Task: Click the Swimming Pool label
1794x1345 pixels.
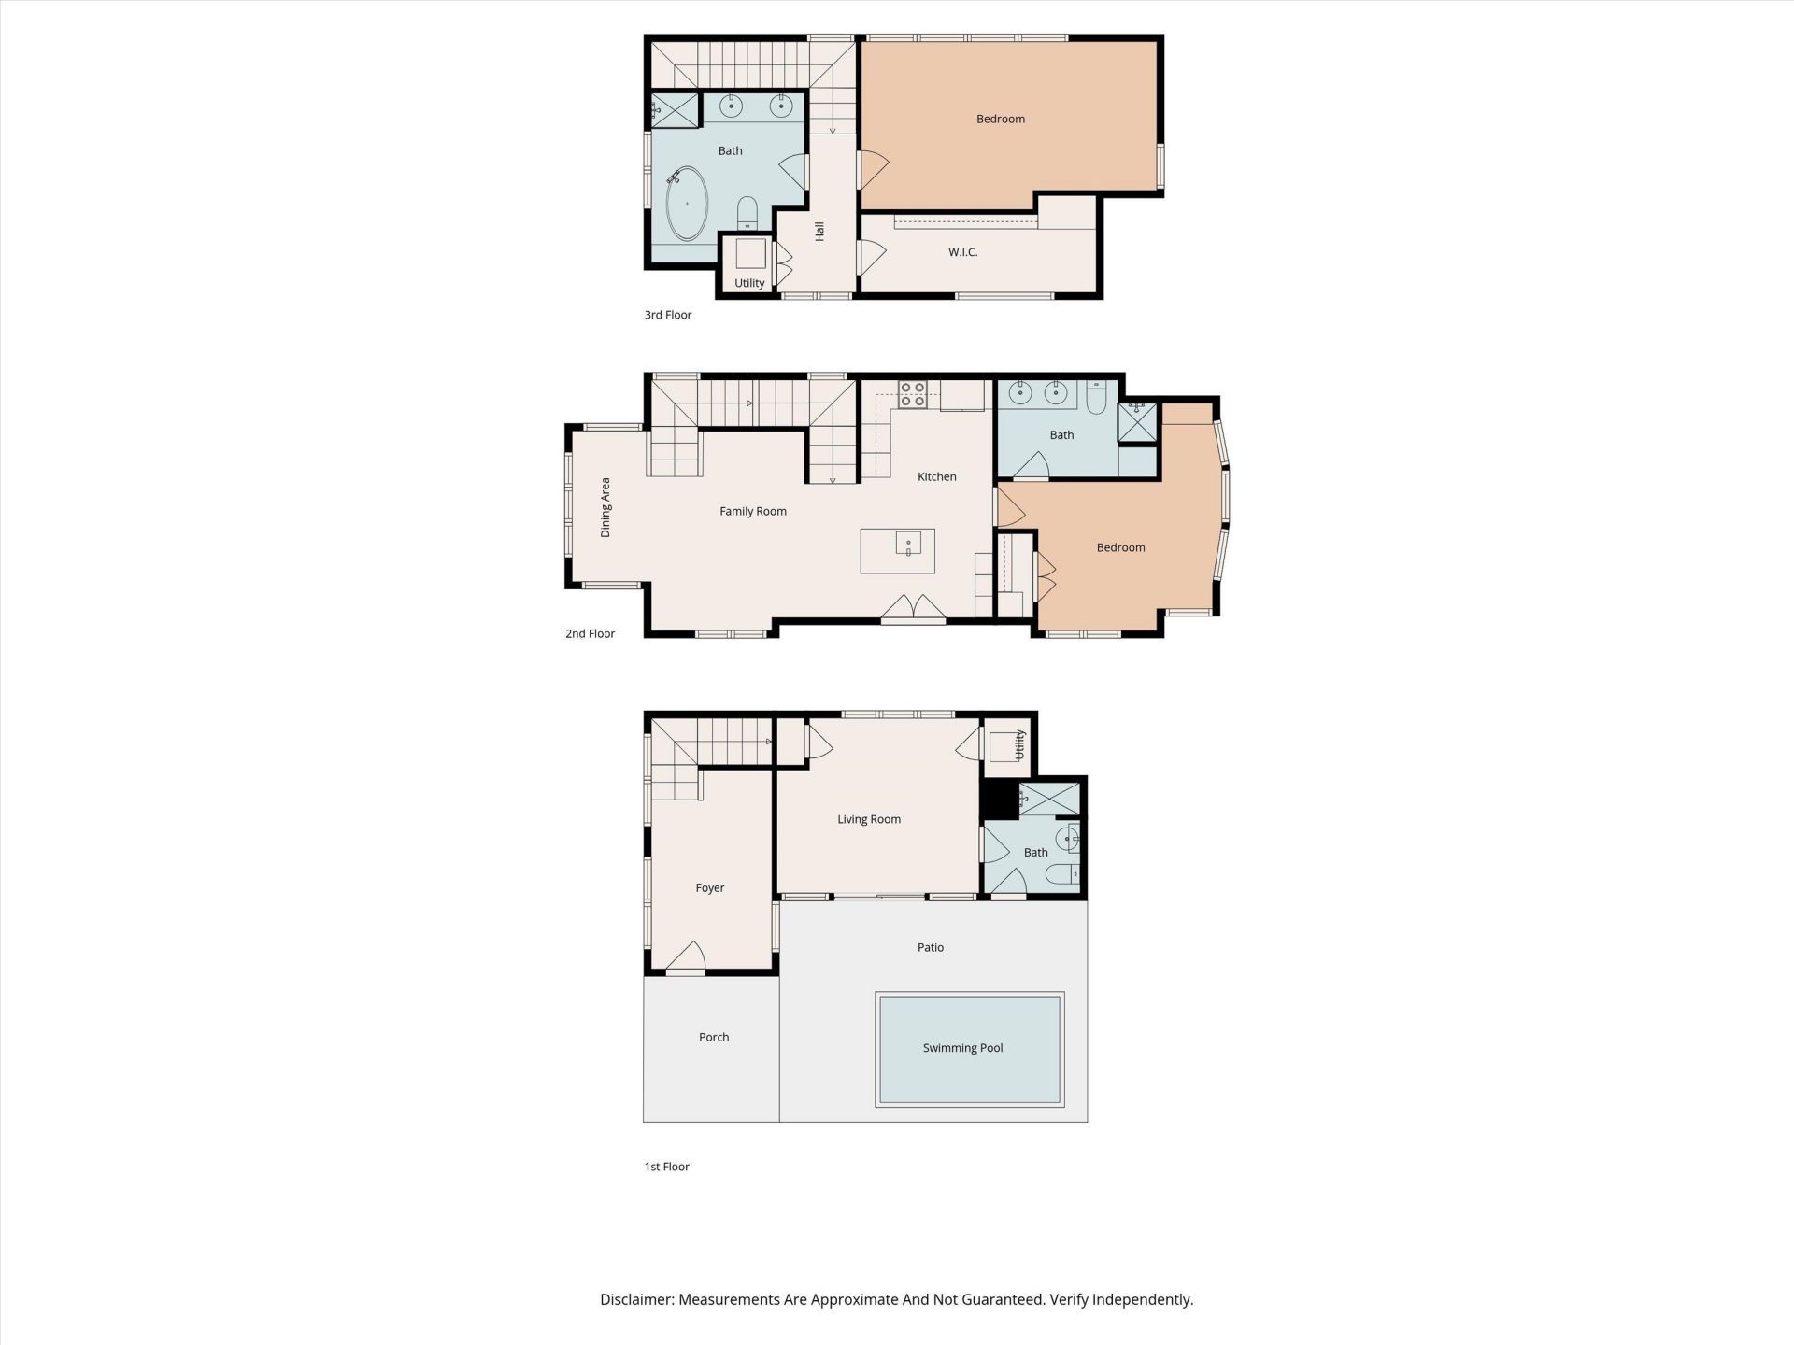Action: [x=962, y=1048]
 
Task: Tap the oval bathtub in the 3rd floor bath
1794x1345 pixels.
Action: [x=687, y=204]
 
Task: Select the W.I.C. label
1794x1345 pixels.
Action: [x=962, y=252]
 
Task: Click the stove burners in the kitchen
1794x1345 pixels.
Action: [x=912, y=395]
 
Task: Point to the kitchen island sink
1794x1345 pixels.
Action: [x=908, y=544]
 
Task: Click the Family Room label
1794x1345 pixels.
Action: [x=753, y=511]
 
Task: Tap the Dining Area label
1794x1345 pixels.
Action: [x=605, y=507]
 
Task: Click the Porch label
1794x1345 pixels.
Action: [x=714, y=1037]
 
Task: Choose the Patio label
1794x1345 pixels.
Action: [x=931, y=947]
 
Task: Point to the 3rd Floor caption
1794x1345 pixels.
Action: [x=668, y=315]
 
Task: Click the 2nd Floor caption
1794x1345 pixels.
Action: [x=590, y=633]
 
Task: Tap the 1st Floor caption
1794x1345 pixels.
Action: [x=666, y=1167]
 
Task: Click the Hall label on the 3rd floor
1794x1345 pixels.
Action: [x=819, y=231]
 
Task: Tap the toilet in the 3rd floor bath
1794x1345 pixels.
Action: [x=747, y=213]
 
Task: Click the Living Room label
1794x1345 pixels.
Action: [x=869, y=819]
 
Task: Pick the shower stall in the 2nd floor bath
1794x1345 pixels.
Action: [x=1137, y=421]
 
